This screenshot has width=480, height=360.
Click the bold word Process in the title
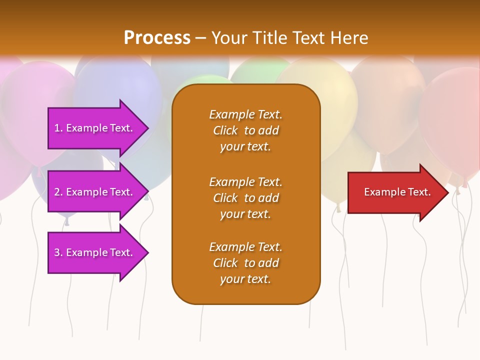pos(157,37)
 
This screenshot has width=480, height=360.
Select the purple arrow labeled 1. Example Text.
pos(95,128)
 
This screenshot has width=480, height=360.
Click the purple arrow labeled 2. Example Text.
pos(95,192)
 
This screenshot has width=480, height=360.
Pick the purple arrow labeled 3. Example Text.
pos(95,252)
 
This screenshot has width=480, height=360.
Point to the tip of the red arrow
pos(447,192)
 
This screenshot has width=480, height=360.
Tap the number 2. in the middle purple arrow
pos(58,192)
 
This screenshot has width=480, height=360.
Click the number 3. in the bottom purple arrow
pos(58,252)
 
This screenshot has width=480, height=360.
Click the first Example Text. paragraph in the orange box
pos(245,130)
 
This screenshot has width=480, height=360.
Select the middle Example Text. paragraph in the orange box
pos(245,198)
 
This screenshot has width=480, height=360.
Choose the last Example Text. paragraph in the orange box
pos(245,263)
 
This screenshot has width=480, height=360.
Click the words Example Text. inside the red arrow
pos(397,192)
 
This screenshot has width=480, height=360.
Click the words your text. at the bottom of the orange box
pos(245,279)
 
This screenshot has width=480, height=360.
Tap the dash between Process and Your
pos(201,37)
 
